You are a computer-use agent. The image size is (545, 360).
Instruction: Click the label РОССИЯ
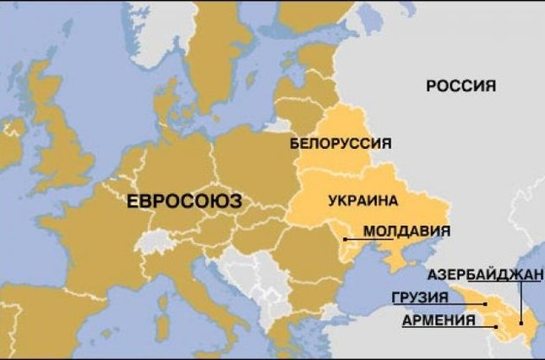pyautogui.click(x=461, y=86)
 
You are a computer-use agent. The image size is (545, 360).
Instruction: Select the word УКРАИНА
pyautogui.click(x=363, y=201)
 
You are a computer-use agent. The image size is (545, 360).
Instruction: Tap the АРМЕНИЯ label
pyautogui.click(x=439, y=320)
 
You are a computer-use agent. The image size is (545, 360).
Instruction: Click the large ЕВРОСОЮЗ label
pyautogui.click(x=183, y=202)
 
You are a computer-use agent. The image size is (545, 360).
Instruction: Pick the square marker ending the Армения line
pyautogui.click(x=496, y=326)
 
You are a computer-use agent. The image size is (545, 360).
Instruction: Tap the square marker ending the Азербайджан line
pyautogui.click(x=523, y=323)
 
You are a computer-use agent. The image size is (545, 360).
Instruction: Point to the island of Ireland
pyautogui.click(x=12, y=143)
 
